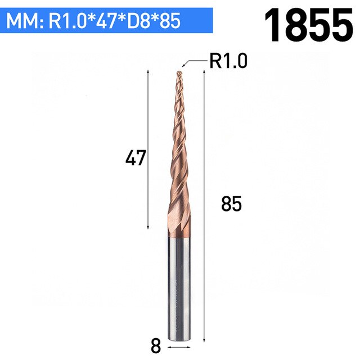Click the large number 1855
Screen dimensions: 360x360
click(x=309, y=25)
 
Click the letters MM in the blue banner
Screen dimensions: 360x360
click(x=24, y=21)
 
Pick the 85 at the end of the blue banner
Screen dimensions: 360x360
click(x=170, y=21)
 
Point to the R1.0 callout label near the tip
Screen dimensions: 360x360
click(x=228, y=61)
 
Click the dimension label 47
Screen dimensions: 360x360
click(x=136, y=157)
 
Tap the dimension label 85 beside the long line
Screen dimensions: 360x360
click(x=231, y=204)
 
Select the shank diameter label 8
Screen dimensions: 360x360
click(x=156, y=346)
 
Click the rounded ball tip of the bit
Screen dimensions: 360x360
click(x=179, y=73)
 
